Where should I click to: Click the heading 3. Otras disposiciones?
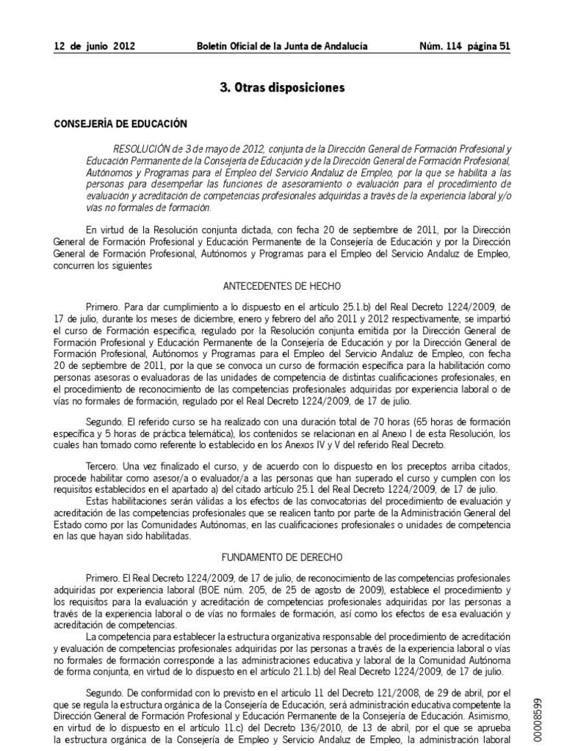(x=283, y=87)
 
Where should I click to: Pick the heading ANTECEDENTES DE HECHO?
(x=282, y=288)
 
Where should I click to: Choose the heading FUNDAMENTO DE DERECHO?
(x=282, y=557)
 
